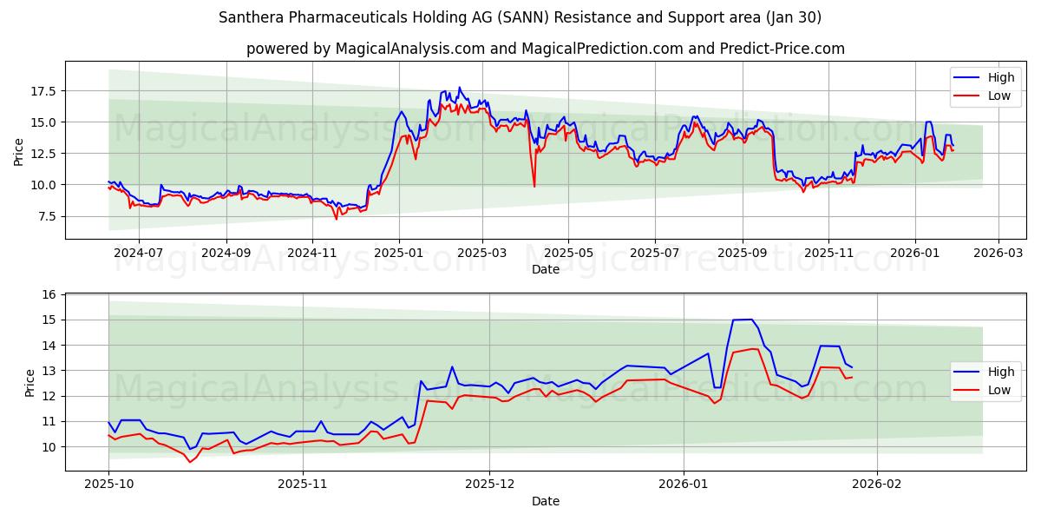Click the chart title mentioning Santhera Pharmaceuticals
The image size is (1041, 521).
pyautogui.click(x=520, y=17)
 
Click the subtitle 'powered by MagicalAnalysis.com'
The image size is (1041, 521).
pyautogui.click(x=545, y=49)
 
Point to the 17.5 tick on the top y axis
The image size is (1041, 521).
pyautogui.click(x=43, y=91)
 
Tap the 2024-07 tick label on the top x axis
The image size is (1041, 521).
pyautogui.click(x=138, y=253)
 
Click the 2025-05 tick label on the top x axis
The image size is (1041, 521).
pyautogui.click(x=568, y=253)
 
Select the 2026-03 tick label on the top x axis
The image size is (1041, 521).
pyautogui.click(x=998, y=253)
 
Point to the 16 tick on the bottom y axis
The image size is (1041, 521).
pyautogui.click(x=49, y=295)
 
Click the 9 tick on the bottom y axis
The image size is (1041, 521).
pyautogui.click(x=52, y=472)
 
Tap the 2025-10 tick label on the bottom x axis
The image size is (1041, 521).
pyautogui.click(x=108, y=485)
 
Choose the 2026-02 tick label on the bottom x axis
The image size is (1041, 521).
pyautogui.click(x=877, y=485)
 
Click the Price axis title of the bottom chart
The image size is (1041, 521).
pyautogui.click(x=30, y=382)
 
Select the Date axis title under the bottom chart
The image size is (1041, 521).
pyautogui.click(x=545, y=501)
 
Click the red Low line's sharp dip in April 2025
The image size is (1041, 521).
pyautogui.click(x=534, y=186)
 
